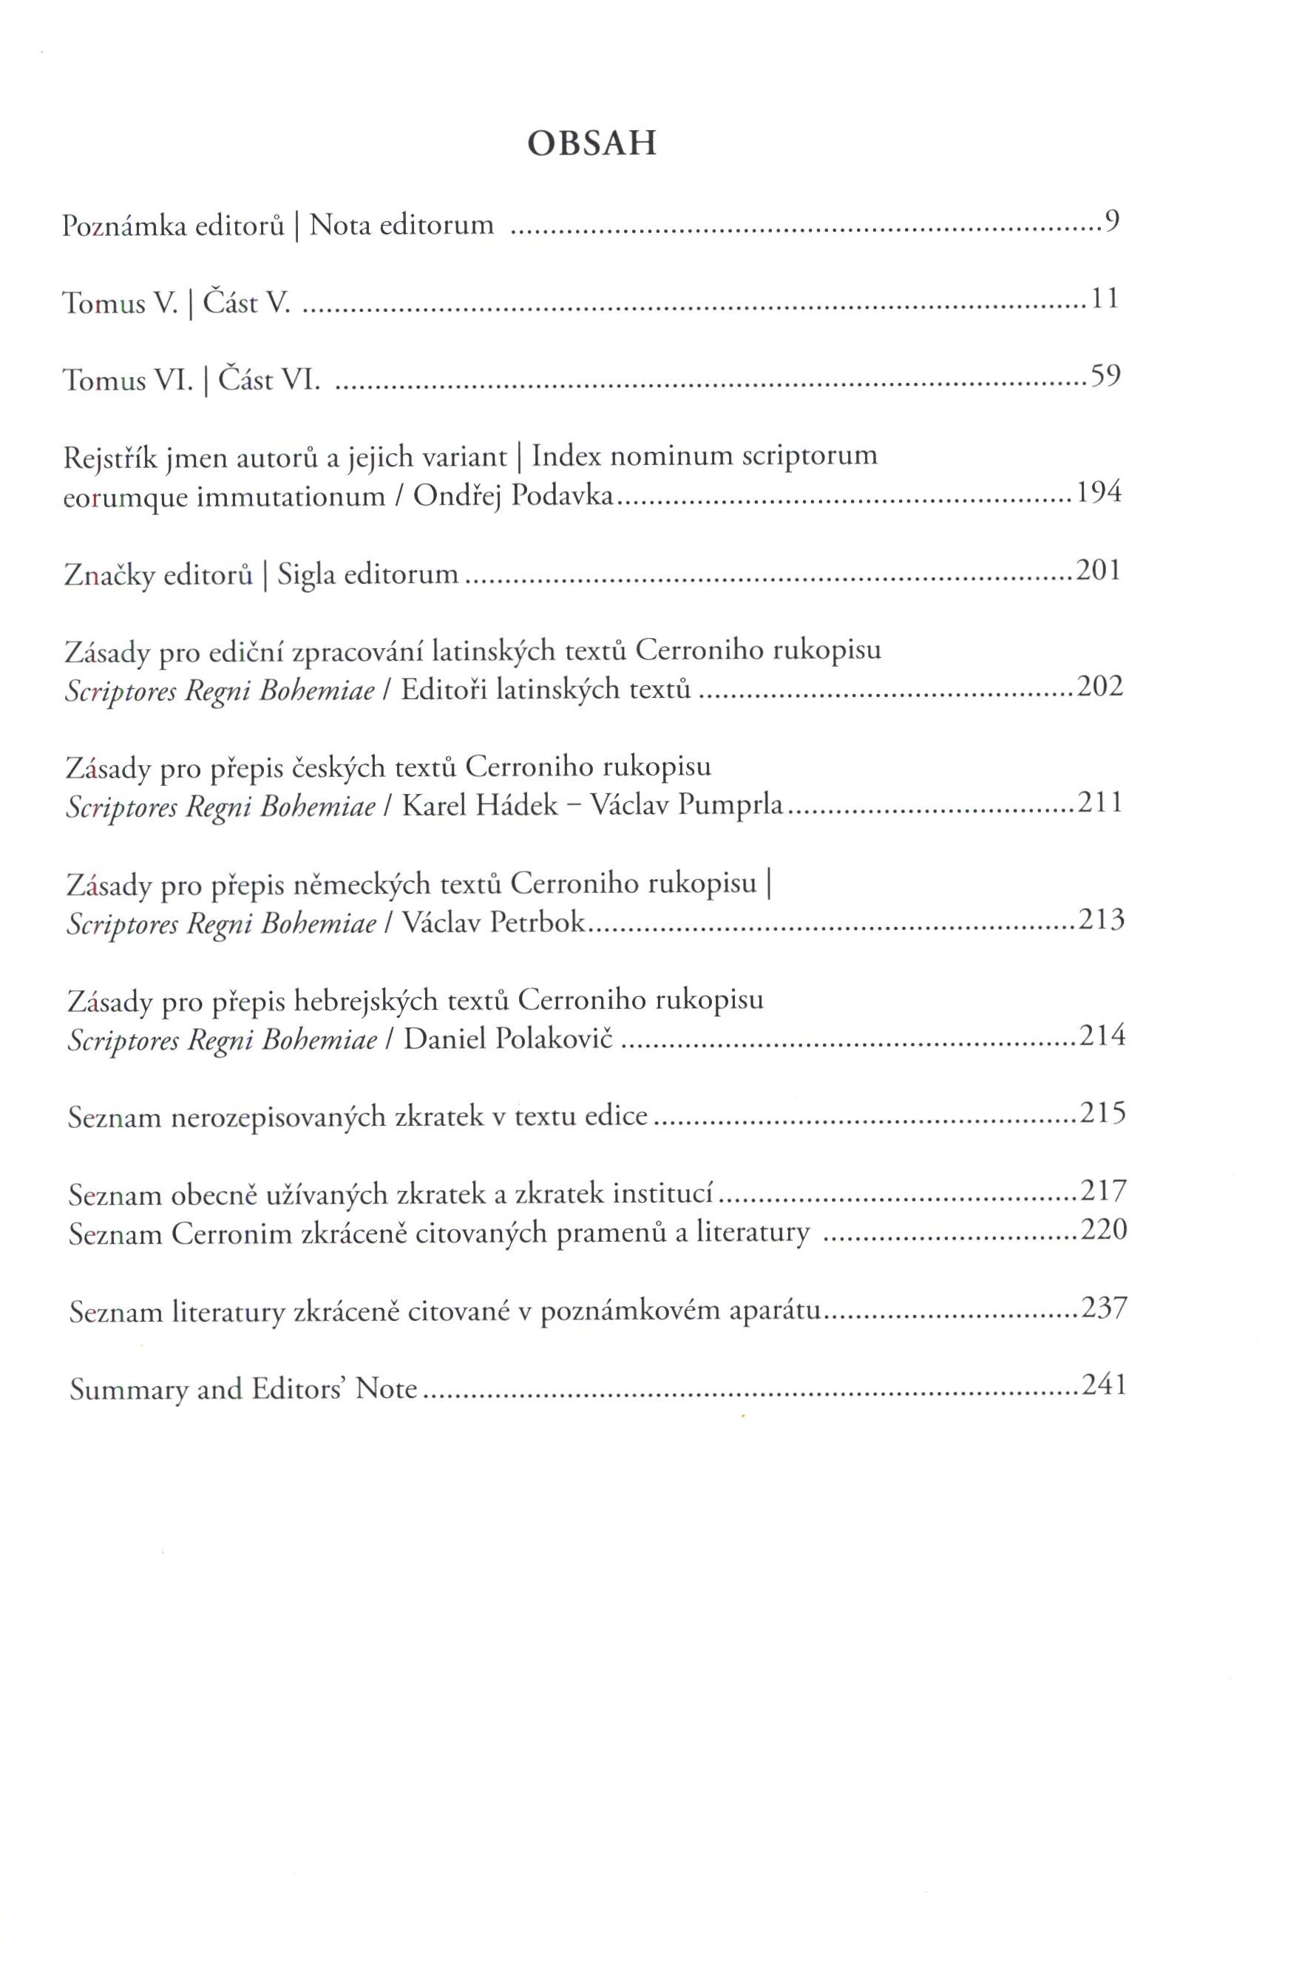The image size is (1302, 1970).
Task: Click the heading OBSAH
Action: pos(592,144)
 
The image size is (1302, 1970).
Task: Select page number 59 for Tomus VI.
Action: pos(1105,376)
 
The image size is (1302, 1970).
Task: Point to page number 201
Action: pos(1098,571)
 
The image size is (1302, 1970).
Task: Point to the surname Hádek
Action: pos(518,805)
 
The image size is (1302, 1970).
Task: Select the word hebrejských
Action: pos(366,1001)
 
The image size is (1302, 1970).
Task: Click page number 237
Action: pos(1104,1308)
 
